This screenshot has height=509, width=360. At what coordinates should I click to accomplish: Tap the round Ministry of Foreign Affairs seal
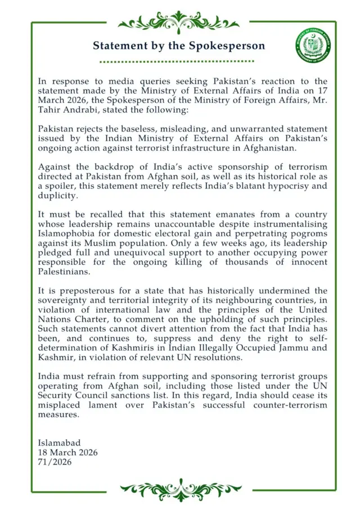(313, 44)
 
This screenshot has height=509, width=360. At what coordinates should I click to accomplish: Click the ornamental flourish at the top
(179, 22)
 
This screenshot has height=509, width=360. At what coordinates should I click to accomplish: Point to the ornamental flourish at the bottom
(180, 489)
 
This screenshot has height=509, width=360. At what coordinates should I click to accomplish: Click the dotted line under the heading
(179, 61)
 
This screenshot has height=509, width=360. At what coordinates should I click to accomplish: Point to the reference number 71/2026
(55, 462)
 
